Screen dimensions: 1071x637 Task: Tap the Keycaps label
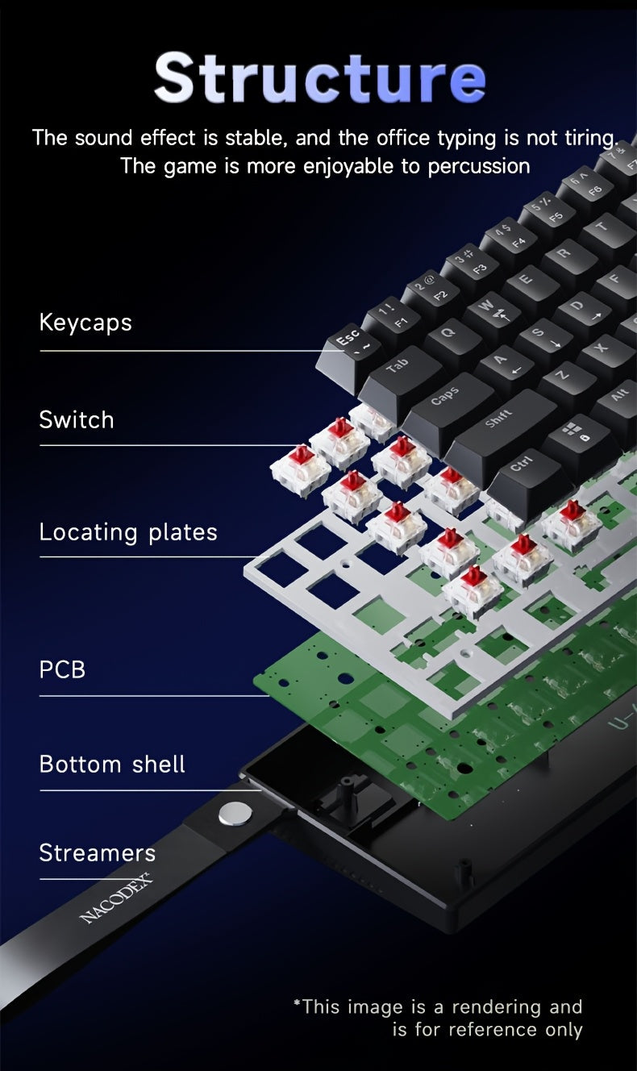[x=85, y=323]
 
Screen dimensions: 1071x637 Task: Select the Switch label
[x=77, y=419]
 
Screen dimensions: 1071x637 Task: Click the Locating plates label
[x=128, y=532]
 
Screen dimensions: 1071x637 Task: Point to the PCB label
[x=62, y=669]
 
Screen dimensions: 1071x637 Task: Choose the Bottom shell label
[x=112, y=765]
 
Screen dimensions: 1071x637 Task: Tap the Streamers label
[x=97, y=852]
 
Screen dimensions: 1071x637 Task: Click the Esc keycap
[x=348, y=343]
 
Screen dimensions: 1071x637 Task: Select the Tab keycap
[x=396, y=368]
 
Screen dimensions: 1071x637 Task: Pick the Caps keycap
[x=444, y=397]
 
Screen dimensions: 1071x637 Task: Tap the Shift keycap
[x=498, y=420]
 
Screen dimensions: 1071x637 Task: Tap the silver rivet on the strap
[x=233, y=814]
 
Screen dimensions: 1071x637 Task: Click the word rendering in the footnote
[x=495, y=1006]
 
